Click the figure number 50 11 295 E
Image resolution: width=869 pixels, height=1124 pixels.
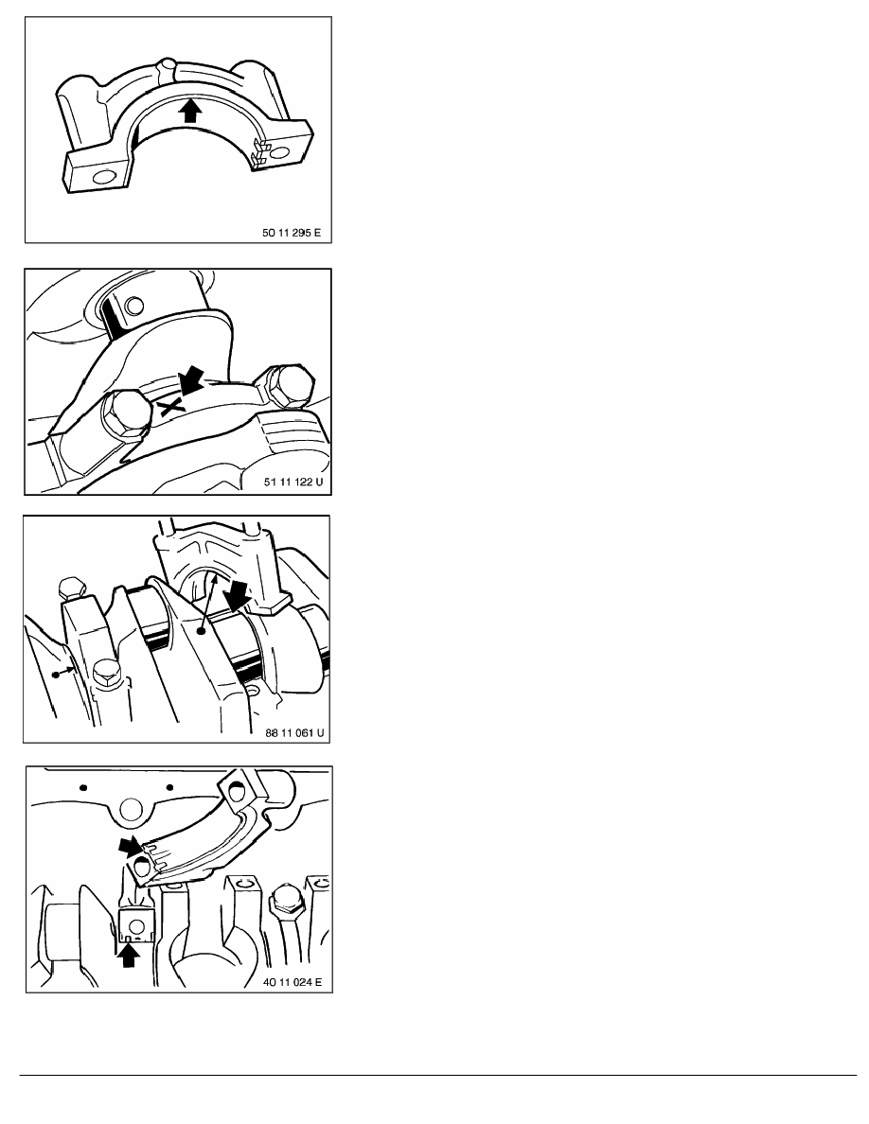(x=292, y=233)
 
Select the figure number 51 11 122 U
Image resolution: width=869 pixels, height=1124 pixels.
(x=293, y=482)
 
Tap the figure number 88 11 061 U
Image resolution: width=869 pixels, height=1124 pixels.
(x=294, y=732)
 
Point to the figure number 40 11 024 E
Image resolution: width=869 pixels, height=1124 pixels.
(x=293, y=981)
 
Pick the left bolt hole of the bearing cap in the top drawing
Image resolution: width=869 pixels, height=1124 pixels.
(x=105, y=176)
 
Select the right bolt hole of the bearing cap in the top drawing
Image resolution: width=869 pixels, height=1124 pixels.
(x=279, y=152)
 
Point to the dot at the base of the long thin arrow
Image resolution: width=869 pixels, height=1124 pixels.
(x=203, y=632)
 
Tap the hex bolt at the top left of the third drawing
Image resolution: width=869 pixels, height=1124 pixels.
(x=72, y=590)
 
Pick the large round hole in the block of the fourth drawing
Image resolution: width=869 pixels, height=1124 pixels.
(x=132, y=810)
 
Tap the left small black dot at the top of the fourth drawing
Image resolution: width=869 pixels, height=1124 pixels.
(x=83, y=788)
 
